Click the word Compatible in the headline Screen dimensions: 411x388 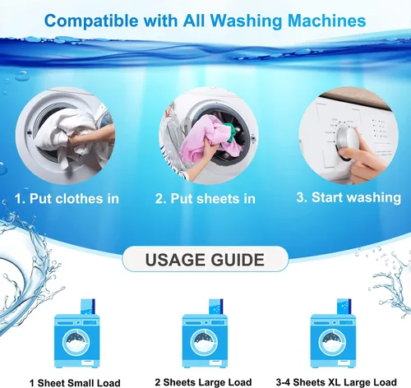click(x=91, y=21)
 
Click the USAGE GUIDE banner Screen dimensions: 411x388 click(x=205, y=259)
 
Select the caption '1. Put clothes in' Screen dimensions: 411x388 click(x=67, y=198)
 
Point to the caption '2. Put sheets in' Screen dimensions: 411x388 click(x=205, y=198)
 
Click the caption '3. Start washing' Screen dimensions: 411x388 click(x=349, y=197)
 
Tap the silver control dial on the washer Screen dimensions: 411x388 click(x=346, y=142)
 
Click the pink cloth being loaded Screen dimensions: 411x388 click(x=207, y=140)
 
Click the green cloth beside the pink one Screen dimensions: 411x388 click(x=230, y=132)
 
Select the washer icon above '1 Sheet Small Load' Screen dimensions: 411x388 click(x=76, y=341)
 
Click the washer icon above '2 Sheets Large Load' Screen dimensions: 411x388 click(x=205, y=341)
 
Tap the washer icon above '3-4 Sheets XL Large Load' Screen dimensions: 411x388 click(x=333, y=341)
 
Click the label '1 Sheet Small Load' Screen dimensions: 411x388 click(x=75, y=382)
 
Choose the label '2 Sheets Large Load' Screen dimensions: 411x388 click(x=203, y=382)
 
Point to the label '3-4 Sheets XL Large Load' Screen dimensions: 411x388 click(x=336, y=382)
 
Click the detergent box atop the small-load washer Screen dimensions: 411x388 click(x=88, y=307)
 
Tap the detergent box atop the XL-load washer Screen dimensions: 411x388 click(x=344, y=307)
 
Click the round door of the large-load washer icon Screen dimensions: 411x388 click(x=204, y=343)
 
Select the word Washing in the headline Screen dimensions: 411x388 click(x=246, y=21)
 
